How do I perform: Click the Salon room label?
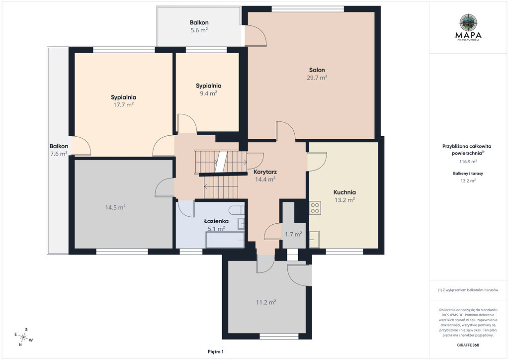coord(317,70)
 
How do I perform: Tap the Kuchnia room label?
coord(344,192)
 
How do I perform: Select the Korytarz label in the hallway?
coord(265,172)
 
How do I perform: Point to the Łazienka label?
coord(216,221)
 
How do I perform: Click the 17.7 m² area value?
coord(123,105)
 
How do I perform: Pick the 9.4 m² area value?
coord(208,93)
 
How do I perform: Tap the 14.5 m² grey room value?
coord(115,207)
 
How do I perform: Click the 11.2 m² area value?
coord(266,302)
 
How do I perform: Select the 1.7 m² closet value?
coord(293,234)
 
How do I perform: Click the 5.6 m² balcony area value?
coord(199,30)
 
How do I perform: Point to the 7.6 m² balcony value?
coord(59,154)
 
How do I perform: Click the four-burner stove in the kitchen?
coord(315,208)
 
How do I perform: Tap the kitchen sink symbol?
coord(314,239)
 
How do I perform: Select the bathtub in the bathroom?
coord(225,240)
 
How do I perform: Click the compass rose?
coord(23,337)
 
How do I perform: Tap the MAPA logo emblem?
coord(468,22)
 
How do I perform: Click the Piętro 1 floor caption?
coord(216,352)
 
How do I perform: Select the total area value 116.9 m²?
coord(468,161)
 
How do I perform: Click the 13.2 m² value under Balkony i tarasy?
coord(468,181)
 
